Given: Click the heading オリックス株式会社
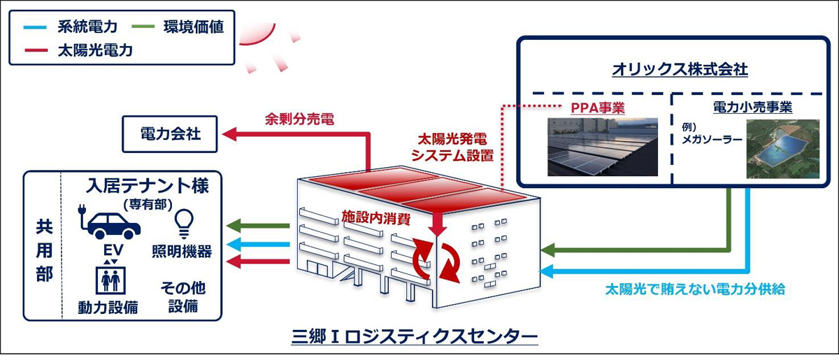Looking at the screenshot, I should click(670, 70).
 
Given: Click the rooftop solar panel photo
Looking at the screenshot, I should click(602, 146).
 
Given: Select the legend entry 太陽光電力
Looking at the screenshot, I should click(96, 50).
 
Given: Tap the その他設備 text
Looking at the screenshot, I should click(182, 297).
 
